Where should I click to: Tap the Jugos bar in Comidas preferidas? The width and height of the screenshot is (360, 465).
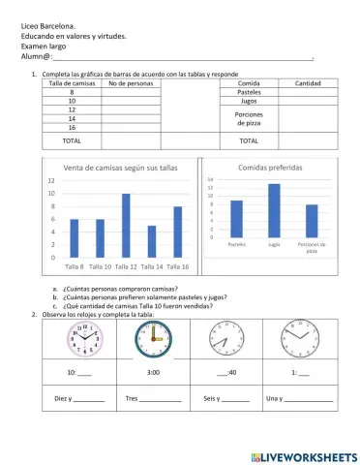point(274,210)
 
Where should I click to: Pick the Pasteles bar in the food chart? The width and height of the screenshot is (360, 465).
point(237,219)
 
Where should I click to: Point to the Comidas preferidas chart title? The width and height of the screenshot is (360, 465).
point(270,167)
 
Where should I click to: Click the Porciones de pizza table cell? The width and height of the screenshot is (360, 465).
point(249,120)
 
